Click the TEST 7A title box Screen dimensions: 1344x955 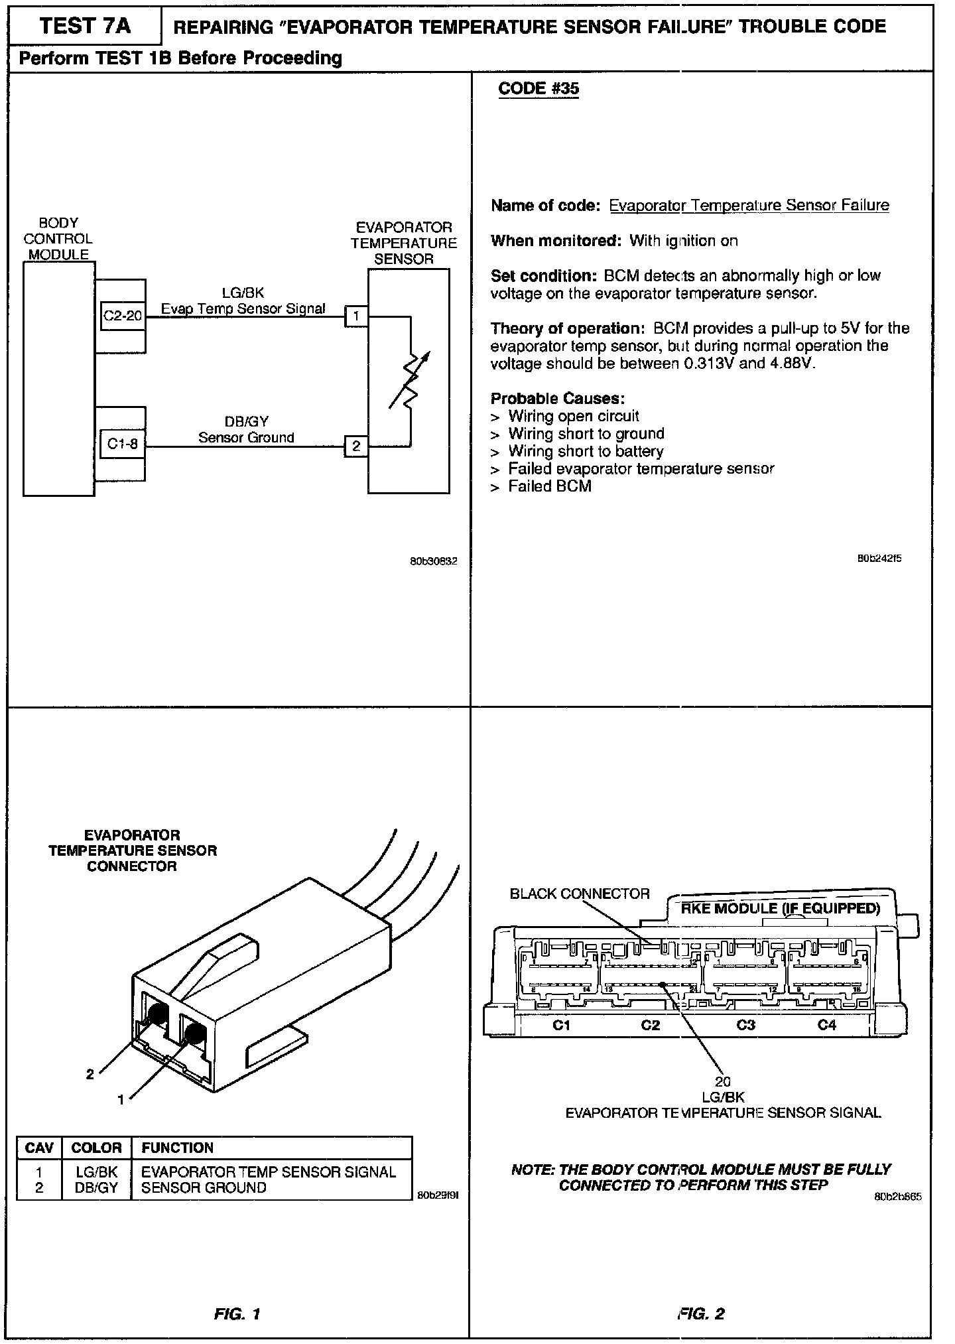click(85, 27)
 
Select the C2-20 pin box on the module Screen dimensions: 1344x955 click(123, 316)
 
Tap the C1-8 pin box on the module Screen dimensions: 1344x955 click(123, 444)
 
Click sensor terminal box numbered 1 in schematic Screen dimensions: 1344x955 click(356, 316)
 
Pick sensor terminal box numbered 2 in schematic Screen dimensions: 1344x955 click(356, 446)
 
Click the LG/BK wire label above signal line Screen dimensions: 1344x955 click(245, 293)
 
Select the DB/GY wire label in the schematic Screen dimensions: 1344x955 click(246, 421)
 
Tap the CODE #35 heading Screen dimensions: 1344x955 click(538, 89)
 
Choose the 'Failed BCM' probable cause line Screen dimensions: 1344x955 click(549, 486)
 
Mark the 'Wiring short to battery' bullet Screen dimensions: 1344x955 click(586, 451)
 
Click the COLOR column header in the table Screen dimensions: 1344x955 click(96, 1148)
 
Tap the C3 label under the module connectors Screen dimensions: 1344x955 click(746, 1025)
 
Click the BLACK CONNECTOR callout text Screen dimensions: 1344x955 click(580, 894)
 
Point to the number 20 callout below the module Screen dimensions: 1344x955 click(723, 1082)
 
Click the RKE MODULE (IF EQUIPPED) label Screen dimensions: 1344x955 click(780, 908)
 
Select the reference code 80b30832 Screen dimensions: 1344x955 click(433, 561)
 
